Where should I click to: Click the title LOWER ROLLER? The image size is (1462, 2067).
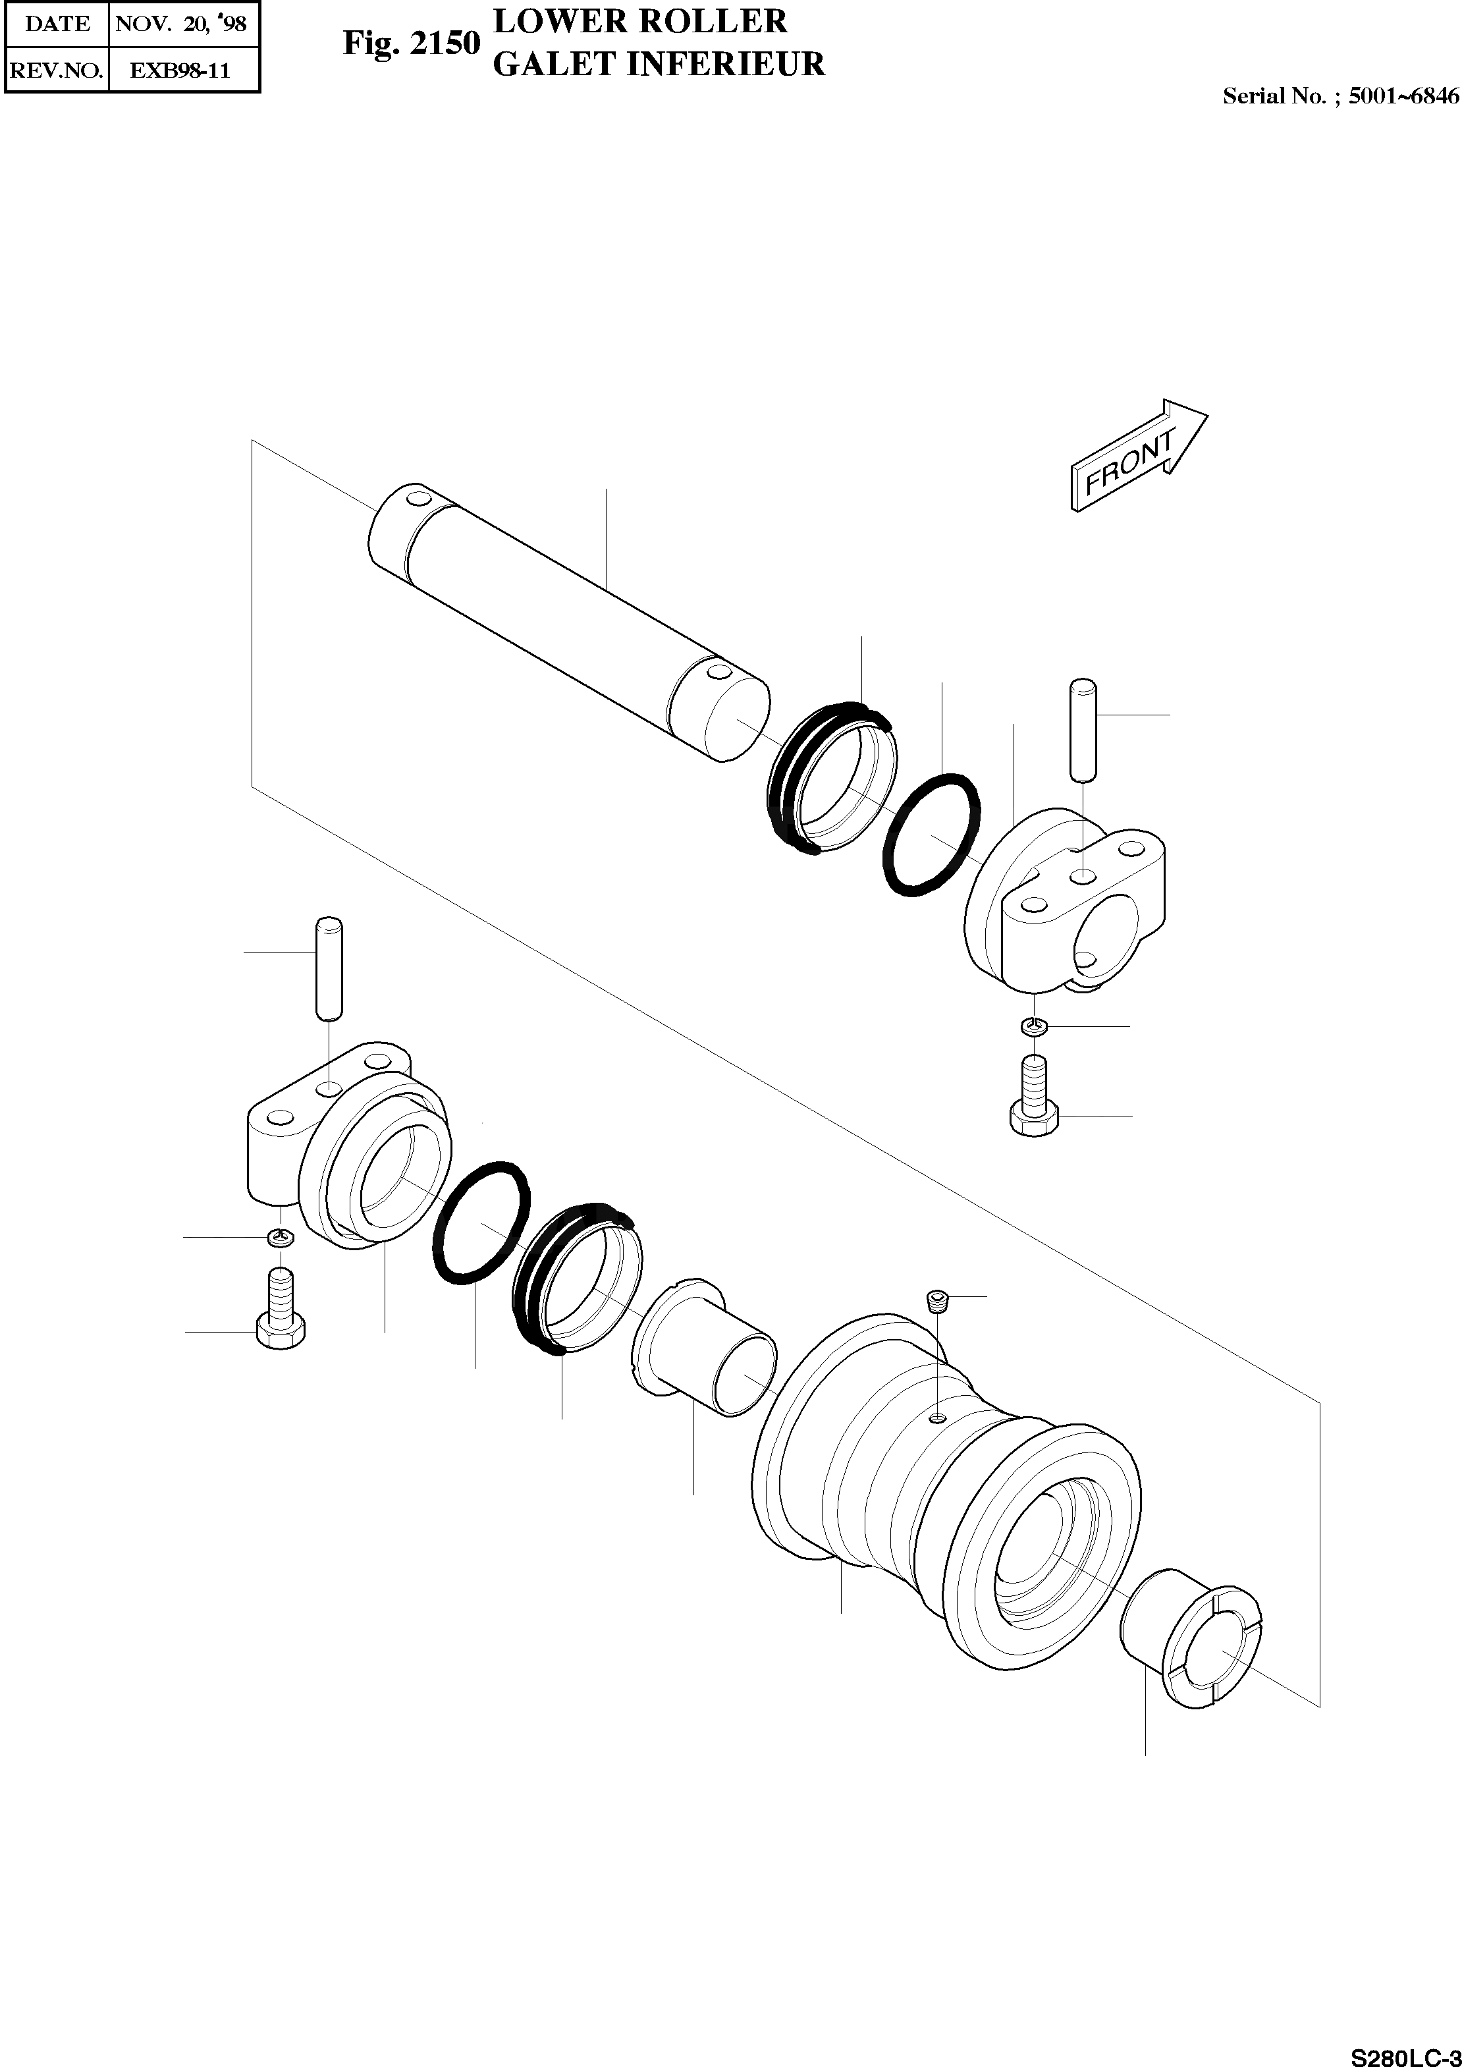click(640, 20)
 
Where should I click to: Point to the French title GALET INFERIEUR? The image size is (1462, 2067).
click(659, 64)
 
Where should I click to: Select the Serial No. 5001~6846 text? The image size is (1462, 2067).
click(1340, 96)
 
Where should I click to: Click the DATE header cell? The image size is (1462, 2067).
click(57, 24)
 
